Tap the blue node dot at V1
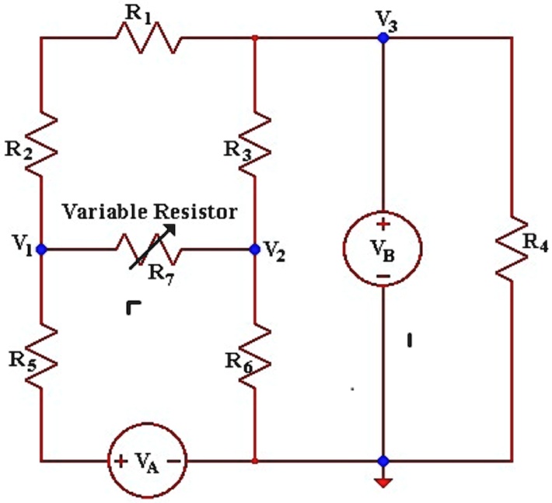pos(41,250)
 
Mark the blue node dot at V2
pos(255,250)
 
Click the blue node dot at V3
pos(383,37)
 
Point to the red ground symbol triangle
pos(383,484)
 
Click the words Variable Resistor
pos(149,211)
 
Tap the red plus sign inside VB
pos(383,225)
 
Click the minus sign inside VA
pos(173,460)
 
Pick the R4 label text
pos(535,241)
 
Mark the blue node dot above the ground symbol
pos(383,461)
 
